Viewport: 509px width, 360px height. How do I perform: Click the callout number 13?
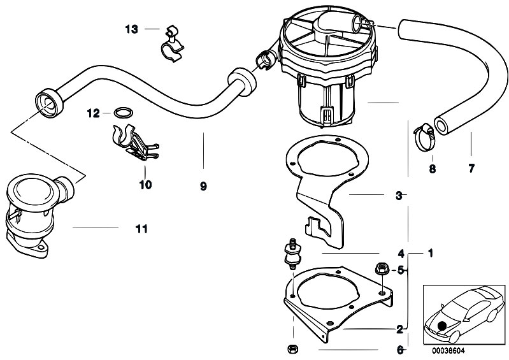tap(131, 29)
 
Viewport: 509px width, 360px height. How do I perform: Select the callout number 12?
tap(93, 113)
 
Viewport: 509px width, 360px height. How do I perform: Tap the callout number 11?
tap(141, 229)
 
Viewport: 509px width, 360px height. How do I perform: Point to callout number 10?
tap(145, 185)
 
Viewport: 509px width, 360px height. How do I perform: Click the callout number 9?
tap(203, 186)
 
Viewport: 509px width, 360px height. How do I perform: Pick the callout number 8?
tap(433, 169)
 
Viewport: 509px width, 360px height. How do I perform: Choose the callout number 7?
tap(471, 168)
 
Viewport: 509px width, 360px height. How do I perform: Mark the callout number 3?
tap(399, 196)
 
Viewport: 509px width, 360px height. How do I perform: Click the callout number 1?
tap(431, 253)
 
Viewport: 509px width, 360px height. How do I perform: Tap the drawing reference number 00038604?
tap(448, 351)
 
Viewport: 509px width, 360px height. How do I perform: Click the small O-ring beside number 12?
tap(124, 113)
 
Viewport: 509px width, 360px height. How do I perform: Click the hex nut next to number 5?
tap(380, 269)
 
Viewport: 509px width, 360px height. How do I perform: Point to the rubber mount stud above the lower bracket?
tap(292, 254)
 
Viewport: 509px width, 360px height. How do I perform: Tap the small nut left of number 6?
tap(292, 349)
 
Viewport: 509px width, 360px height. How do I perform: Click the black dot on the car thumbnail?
tap(442, 326)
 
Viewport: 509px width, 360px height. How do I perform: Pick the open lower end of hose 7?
tap(441, 126)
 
